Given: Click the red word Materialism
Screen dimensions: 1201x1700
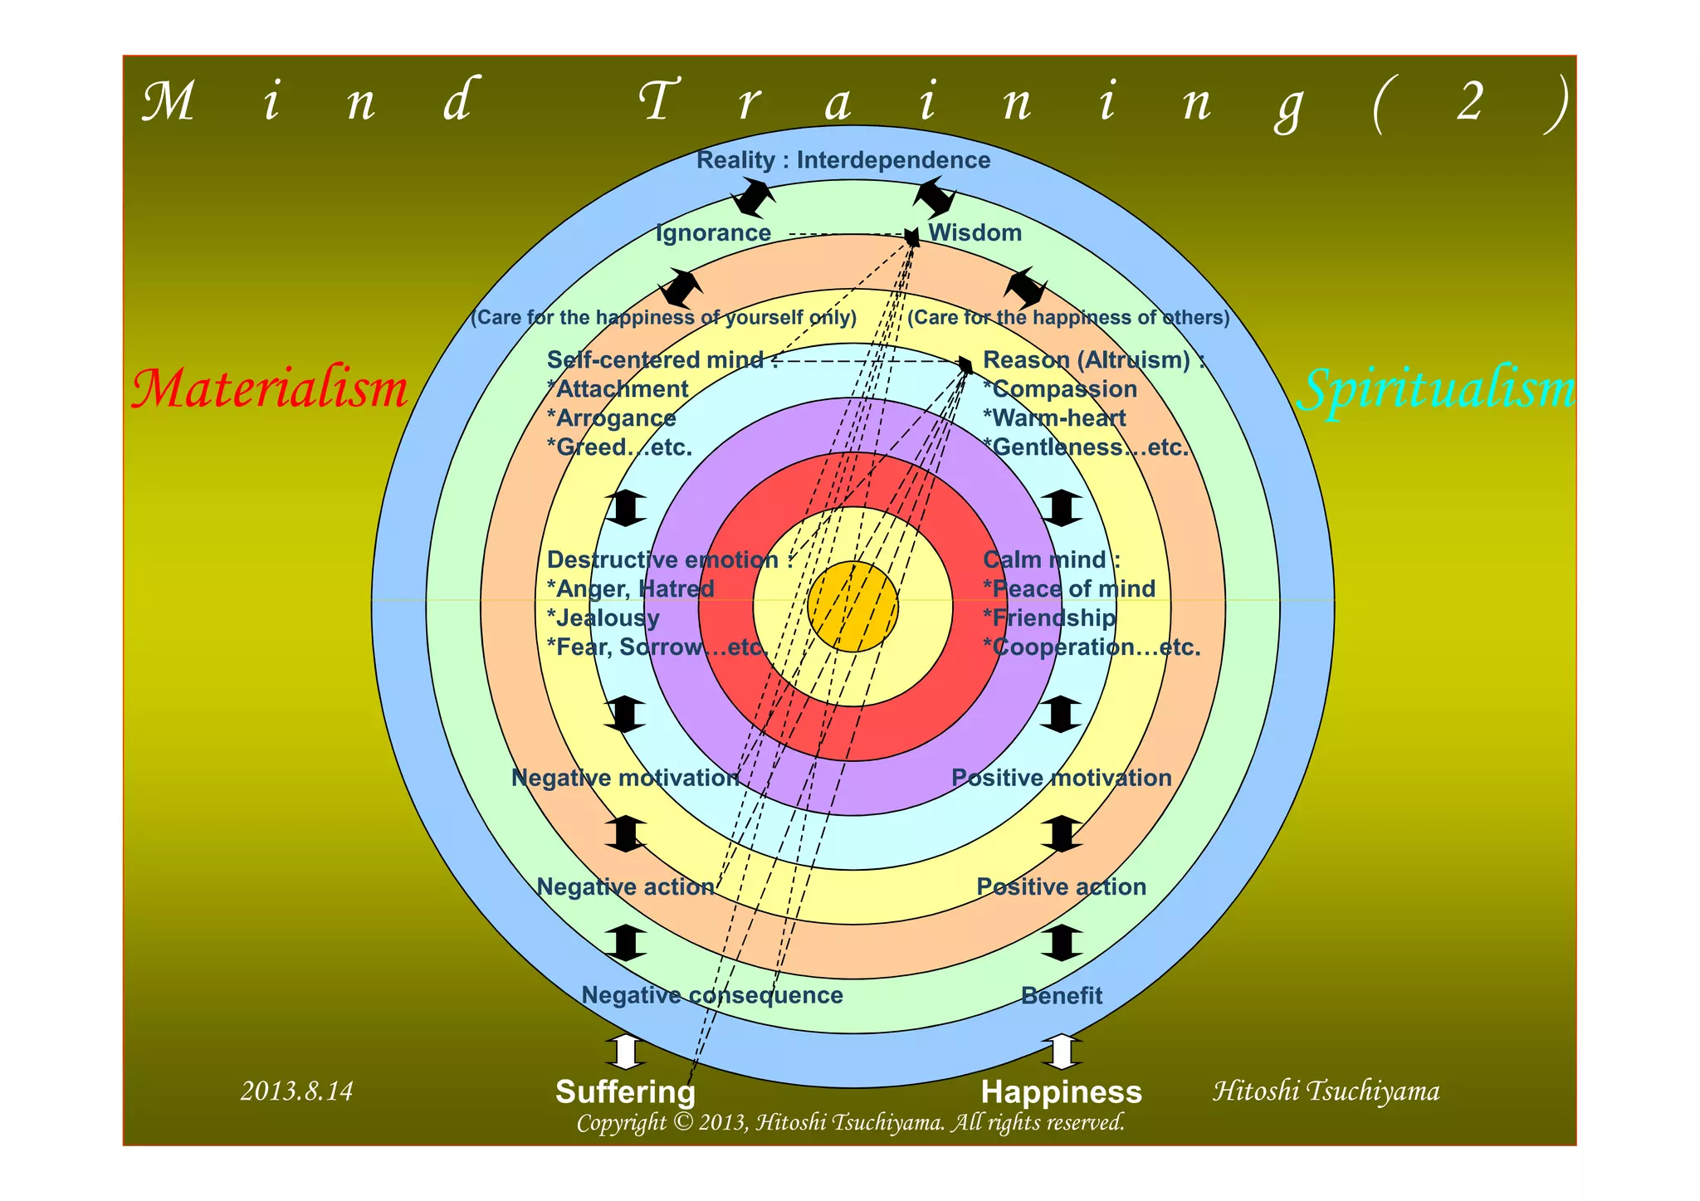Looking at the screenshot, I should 270,388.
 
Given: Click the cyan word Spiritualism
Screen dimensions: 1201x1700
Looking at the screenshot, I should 1435,389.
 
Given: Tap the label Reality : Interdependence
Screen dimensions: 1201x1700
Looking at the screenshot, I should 843,160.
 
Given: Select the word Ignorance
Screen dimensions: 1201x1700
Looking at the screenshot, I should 713,233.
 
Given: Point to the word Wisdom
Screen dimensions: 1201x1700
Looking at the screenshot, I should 975,233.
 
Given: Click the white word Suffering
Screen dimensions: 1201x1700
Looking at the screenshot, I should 625,1092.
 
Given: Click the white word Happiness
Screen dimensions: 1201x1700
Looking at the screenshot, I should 1061,1092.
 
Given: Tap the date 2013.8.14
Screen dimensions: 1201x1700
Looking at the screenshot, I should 296,1091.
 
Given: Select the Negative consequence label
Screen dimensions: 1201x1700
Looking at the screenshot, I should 711,995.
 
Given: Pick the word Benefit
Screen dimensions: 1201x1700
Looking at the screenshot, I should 1061,996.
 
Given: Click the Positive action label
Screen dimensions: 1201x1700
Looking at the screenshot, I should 1061,886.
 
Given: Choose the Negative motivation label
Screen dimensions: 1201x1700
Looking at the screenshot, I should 625,778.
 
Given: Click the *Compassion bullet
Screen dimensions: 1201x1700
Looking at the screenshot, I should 1059,389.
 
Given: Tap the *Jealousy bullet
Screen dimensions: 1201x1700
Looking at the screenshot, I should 603,618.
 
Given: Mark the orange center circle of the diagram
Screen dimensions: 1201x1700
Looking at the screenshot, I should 852,607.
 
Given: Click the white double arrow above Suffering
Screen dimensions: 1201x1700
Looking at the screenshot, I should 626,1052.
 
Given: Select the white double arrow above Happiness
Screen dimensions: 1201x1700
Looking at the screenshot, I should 1061,1052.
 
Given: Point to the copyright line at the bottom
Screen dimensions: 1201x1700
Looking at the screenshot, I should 850,1123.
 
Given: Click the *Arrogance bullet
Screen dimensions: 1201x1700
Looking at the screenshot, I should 611,418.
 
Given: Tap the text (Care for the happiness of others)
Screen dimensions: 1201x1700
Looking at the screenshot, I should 1068,318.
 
